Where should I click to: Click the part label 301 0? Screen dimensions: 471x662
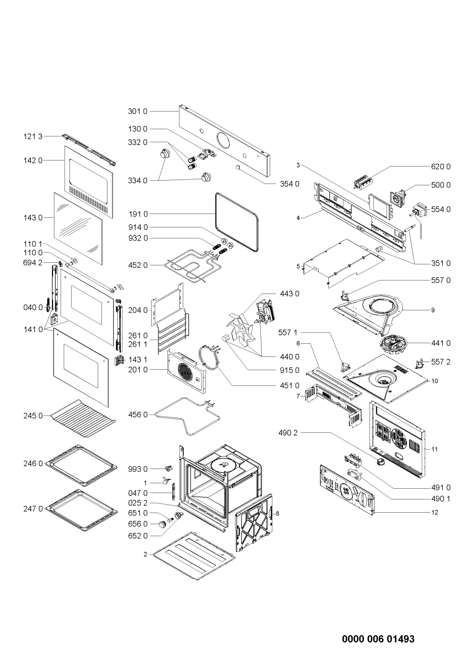[x=137, y=111]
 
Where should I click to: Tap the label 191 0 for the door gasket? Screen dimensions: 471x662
[x=138, y=214]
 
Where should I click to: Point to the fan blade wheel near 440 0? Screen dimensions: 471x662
[x=240, y=328]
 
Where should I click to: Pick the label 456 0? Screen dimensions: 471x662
[x=138, y=415]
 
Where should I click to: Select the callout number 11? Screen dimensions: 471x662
[x=434, y=449]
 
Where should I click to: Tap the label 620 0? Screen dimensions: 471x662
[x=441, y=167]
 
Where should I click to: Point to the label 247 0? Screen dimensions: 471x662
[x=33, y=509]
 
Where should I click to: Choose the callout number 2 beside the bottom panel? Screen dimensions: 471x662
[x=145, y=555]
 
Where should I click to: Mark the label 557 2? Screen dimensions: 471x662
[x=441, y=362]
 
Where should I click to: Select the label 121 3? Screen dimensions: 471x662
[x=33, y=137]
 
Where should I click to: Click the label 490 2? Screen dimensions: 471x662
[x=288, y=433]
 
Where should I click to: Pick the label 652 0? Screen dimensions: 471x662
[x=138, y=536]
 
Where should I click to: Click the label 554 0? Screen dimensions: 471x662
[x=441, y=209]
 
